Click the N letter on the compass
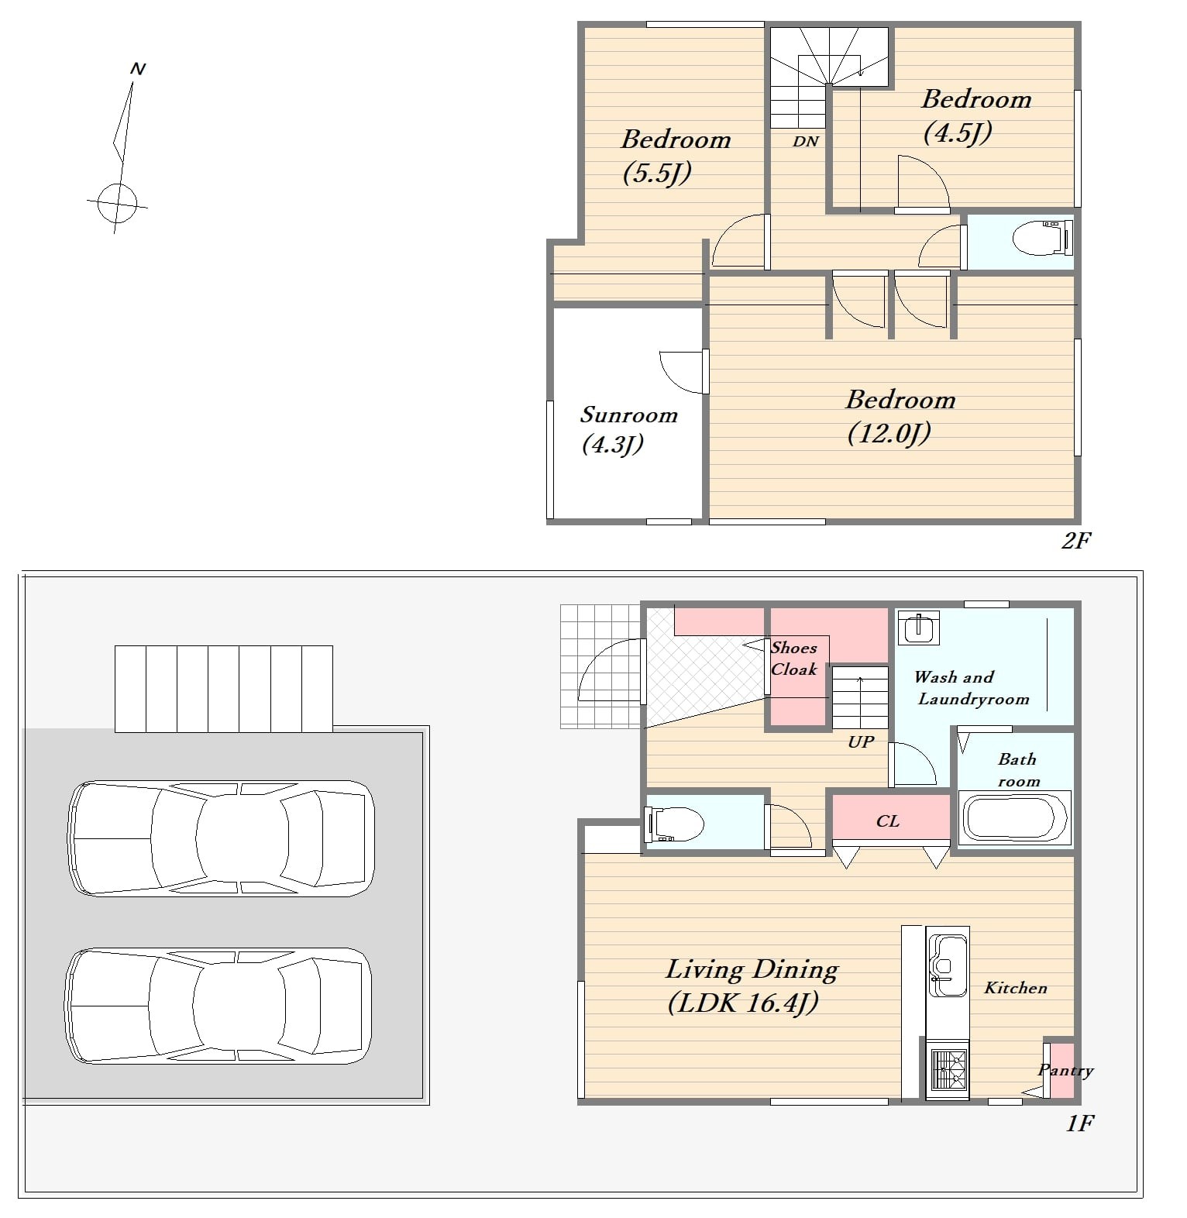[x=138, y=69]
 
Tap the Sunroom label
[x=628, y=415]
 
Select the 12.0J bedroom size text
[x=889, y=433]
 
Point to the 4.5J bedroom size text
[x=958, y=133]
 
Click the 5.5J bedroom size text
[x=657, y=173]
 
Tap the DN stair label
[x=806, y=141]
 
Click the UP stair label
[x=861, y=741]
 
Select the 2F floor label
[x=1076, y=540]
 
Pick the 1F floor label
[x=1079, y=1123]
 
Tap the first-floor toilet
[x=675, y=824]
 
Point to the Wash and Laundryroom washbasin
[x=919, y=628]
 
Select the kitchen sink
[x=948, y=965]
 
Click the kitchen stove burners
[x=948, y=1069]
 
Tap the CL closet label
[x=888, y=821]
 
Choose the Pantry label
[x=1065, y=1071]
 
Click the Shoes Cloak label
[x=793, y=659]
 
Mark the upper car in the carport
[x=222, y=838]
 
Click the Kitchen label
[x=1016, y=988]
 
